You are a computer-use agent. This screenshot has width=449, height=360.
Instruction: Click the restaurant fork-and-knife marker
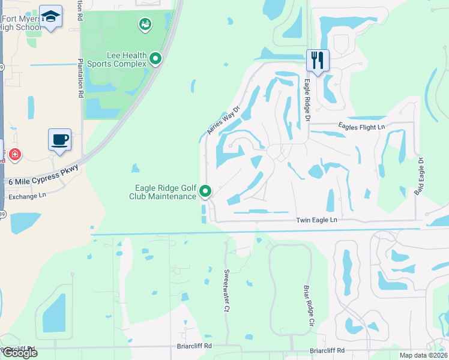click(x=318, y=60)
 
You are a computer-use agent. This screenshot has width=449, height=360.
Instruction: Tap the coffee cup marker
click(x=59, y=140)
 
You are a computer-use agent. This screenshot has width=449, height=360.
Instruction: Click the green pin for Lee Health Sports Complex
click(x=155, y=58)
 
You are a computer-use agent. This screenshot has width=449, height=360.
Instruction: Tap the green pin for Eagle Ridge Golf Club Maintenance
click(x=205, y=191)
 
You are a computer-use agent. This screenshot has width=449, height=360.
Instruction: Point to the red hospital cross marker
click(x=14, y=155)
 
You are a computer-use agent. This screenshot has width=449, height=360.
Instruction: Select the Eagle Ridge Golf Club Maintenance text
click(x=163, y=192)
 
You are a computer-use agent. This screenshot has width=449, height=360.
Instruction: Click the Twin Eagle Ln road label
click(x=317, y=220)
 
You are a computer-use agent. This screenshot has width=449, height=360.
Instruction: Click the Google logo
click(x=20, y=353)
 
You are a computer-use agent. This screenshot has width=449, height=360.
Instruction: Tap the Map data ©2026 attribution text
click(x=424, y=355)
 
